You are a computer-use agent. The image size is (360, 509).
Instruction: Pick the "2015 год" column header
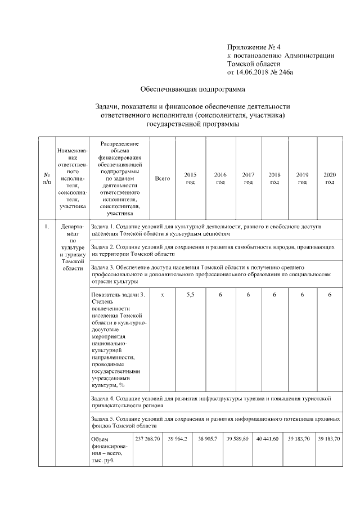190,178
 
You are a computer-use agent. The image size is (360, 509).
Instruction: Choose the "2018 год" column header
274,178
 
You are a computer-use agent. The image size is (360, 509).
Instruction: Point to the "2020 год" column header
330,178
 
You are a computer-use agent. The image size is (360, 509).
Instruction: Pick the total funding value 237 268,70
147,438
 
